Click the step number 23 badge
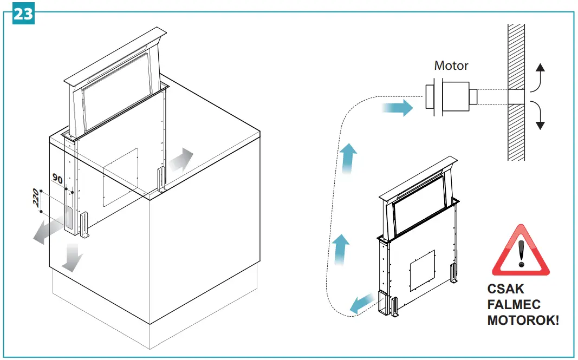click(23, 14)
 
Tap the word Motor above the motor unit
click(451, 66)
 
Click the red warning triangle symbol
click(520, 251)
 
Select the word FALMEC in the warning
click(514, 305)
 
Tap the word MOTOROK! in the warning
click(523, 320)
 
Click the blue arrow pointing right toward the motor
click(398, 108)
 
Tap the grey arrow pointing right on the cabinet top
click(180, 160)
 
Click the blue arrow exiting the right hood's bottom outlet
click(360, 304)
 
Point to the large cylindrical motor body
click(457, 97)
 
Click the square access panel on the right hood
click(422, 269)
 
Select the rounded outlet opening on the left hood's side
click(69, 217)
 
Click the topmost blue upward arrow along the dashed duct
click(349, 158)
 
